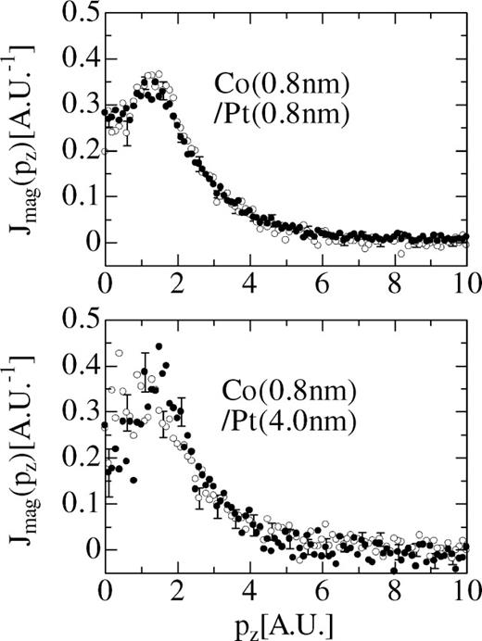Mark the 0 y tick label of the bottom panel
point(84,547)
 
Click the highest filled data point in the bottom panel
point(159,346)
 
